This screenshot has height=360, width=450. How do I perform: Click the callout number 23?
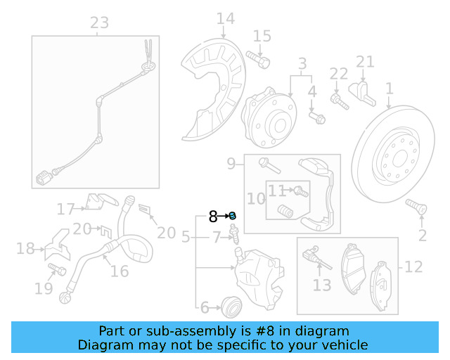[99, 22]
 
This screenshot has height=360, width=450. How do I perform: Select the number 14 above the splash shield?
[225, 18]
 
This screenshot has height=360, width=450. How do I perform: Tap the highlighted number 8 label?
[213, 217]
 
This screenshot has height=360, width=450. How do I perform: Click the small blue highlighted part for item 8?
[233, 216]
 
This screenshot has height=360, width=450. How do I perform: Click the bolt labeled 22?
[341, 103]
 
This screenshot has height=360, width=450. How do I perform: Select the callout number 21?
[365, 62]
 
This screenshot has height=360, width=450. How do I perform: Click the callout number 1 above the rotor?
[389, 89]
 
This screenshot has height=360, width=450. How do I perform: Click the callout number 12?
[413, 267]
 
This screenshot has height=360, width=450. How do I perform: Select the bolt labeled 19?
[53, 269]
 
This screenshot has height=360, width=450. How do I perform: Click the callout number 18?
[25, 249]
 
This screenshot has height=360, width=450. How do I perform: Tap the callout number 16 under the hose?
[120, 271]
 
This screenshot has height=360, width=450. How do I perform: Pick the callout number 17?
[65, 209]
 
